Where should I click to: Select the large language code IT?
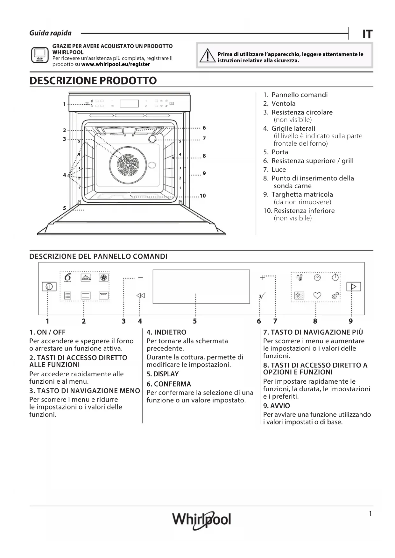pos(367,34)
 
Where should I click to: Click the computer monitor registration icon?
pos(40,55)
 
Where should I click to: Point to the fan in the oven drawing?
pos(128,164)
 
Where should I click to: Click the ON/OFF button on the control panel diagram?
pos(49,287)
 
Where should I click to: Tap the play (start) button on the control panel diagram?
pos(354,287)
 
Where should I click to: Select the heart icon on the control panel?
pos(317,296)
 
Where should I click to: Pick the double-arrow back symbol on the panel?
pos(140,296)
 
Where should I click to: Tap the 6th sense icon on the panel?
pos(68,277)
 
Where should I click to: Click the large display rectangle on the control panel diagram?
pos(201,286)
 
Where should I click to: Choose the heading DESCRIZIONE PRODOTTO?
pos(93,80)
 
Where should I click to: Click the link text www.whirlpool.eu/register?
pos(116,64)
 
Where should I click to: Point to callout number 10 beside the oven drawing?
pos(203,196)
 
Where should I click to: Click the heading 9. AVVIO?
pos(276,406)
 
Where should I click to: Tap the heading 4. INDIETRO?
pos(166,332)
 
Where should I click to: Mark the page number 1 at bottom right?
pos(370,513)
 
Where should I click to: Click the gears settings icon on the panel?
pos(335,296)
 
